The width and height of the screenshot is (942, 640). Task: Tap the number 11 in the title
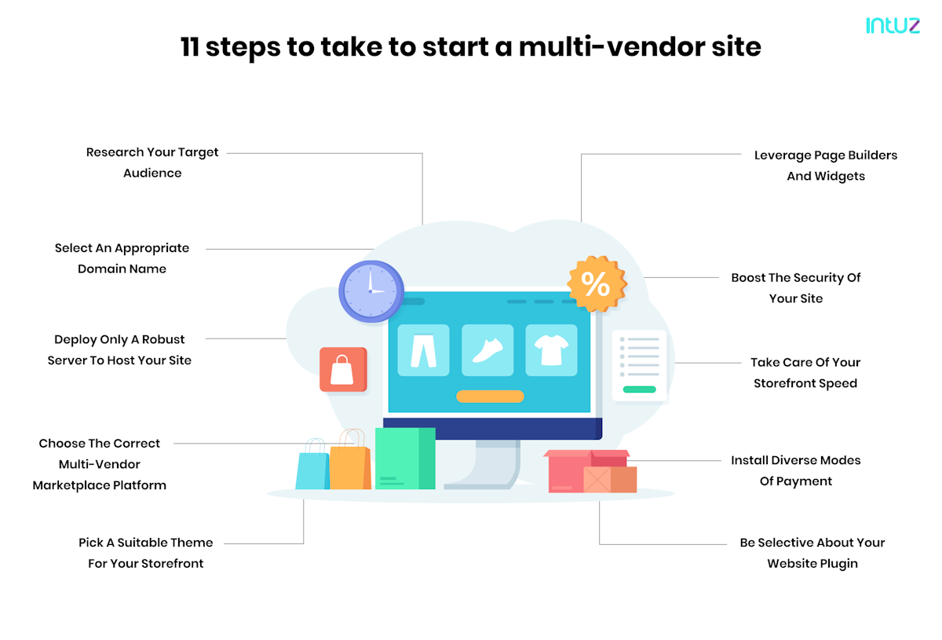click(x=189, y=47)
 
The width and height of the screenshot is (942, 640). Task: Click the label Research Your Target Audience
click(x=152, y=163)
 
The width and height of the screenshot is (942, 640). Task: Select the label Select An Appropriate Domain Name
click(x=122, y=258)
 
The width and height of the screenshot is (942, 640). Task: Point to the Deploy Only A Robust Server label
click(x=119, y=350)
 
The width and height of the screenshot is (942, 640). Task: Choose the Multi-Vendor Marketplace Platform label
click(x=100, y=464)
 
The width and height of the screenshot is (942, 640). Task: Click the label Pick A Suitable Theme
click(x=146, y=553)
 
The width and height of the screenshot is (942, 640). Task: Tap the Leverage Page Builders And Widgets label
click(x=826, y=166)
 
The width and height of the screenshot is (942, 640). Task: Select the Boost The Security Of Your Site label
click(x=796, y=288)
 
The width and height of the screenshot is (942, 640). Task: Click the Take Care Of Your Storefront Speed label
click(x=805, y=373)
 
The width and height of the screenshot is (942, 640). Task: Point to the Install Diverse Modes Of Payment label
click(x=796, y=470)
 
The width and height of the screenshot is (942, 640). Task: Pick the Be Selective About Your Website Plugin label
click(x=812, y=553)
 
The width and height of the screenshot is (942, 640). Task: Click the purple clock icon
click(x=371, y=291)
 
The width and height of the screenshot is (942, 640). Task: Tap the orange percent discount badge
click(x=597, y=284)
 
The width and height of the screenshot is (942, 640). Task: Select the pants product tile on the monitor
click(x=423, y=349)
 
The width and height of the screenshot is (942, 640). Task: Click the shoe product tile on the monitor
click(x=487, y=349)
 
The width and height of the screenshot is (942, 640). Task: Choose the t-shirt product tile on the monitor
click(x=551, y=349)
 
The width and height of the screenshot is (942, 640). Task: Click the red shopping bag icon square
click(x=343, y=369)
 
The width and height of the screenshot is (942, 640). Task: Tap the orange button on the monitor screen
click(x=490, y=397)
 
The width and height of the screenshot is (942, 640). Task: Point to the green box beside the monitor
click(x=404, y=458)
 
